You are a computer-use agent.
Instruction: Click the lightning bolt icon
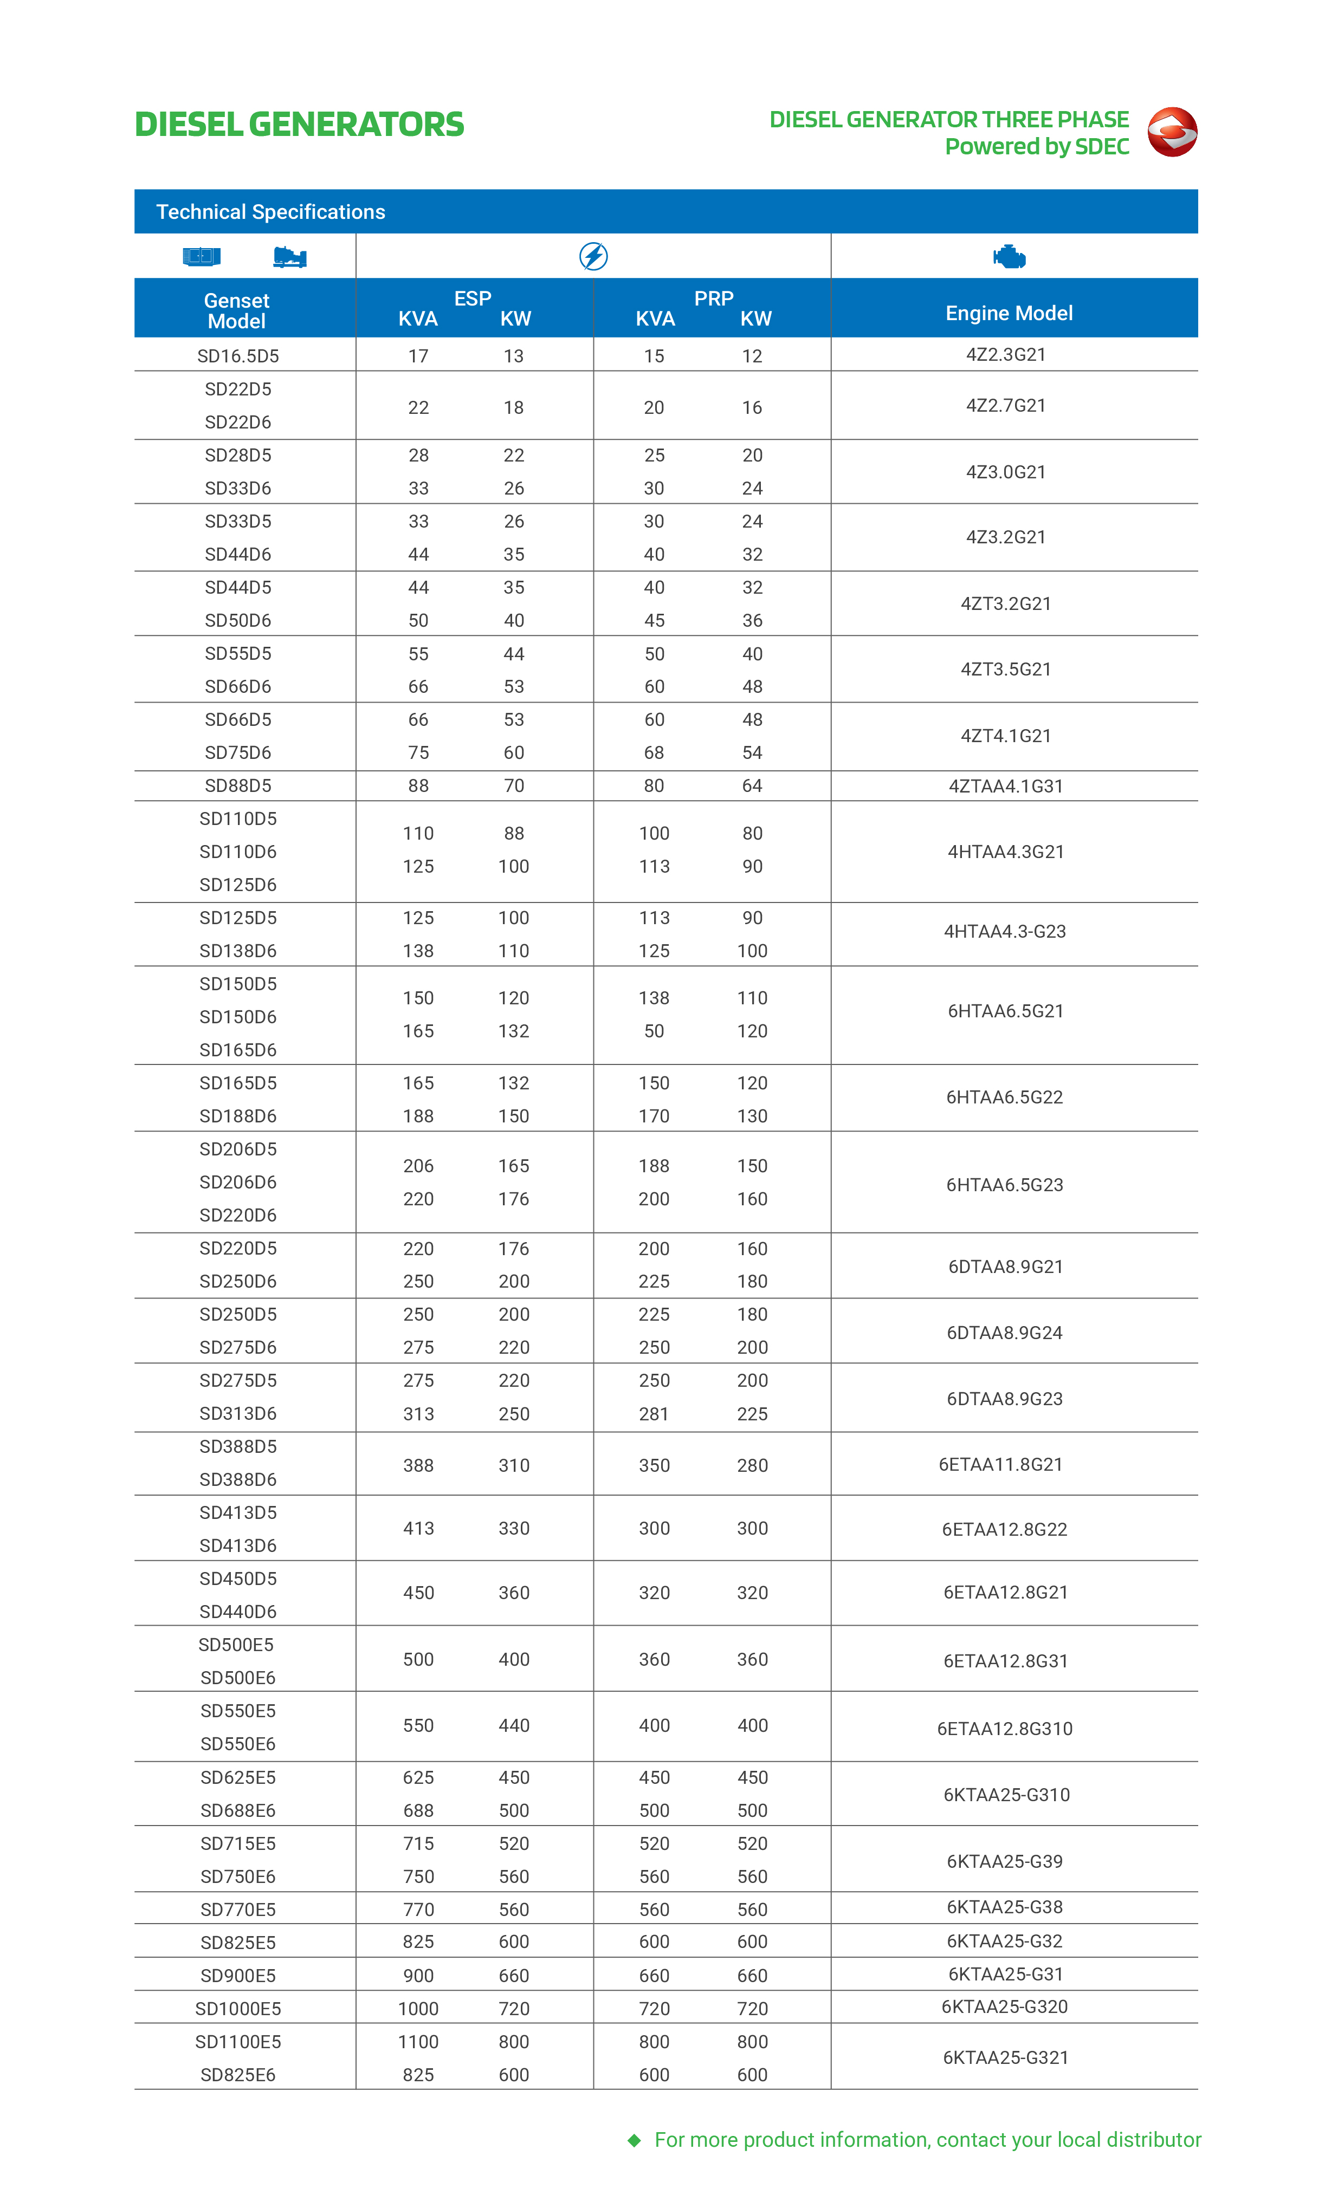click(x=593, y=257)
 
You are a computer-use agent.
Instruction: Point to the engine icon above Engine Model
click(x=1009, y=257)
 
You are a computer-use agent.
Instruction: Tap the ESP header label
click(x=473, y=298)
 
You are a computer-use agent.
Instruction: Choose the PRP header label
click(x=713, y=298)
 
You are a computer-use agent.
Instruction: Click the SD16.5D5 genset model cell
click(x=238, y=356)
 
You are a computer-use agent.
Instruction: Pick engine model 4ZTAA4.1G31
click(x=1005, y=785)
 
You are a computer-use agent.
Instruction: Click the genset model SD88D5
click(x=238, y=785)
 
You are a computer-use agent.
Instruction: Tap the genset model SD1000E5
click(x=238, y=2008)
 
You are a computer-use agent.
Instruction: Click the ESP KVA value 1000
click(x=418, y=2008)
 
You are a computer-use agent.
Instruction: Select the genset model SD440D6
click(x=238, y=1612)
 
